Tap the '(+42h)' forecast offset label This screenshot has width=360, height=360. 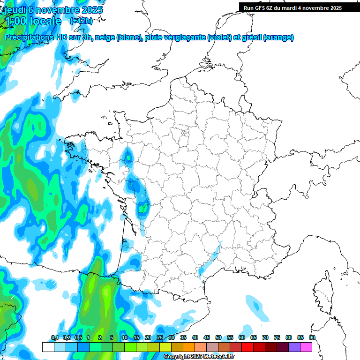[x=81, y=21]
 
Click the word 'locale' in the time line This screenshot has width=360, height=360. [x=45, y=21]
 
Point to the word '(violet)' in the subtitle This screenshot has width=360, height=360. [x=219, y=37]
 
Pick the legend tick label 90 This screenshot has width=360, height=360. [x=312, y=337]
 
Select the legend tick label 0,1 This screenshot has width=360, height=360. [x=54, y=337]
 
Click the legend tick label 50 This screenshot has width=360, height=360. [x=218, y=337]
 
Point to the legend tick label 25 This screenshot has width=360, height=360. [x=160, y=337]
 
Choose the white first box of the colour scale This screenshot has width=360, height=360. [x=48, y=347]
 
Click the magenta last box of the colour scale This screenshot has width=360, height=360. [x=306, y=347]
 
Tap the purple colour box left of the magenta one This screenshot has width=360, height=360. [x=294, y=347]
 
